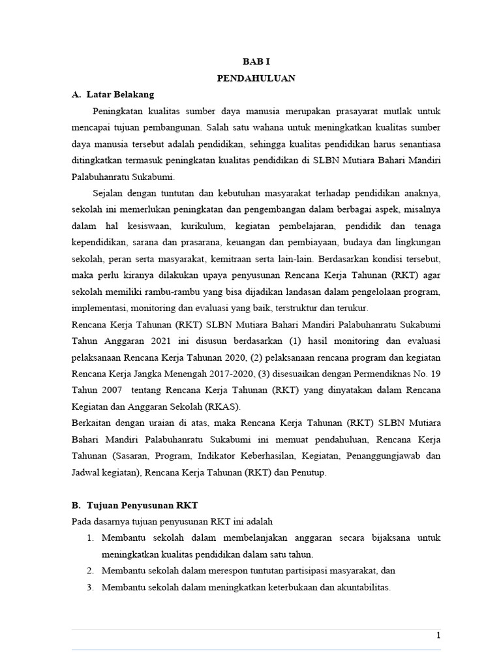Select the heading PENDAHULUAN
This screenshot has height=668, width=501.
pos(256,78)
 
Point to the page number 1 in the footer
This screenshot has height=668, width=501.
pos(438,635)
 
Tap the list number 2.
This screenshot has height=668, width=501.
pos(91,571)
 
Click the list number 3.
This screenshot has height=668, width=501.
pos(91,587)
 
